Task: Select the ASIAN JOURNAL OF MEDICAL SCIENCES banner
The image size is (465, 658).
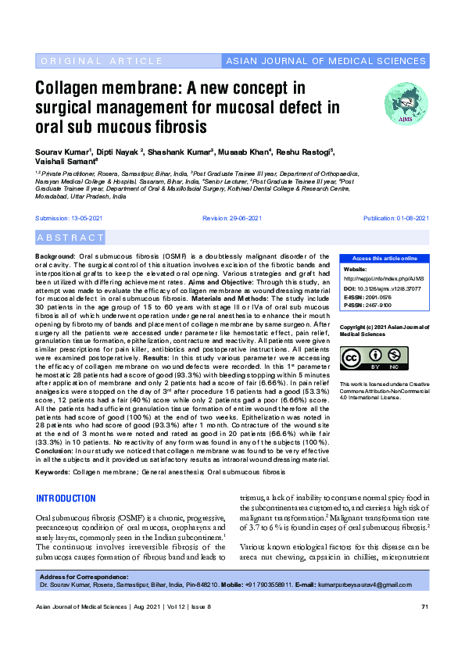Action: coord(325,61)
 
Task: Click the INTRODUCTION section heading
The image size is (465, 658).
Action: coord(67,499)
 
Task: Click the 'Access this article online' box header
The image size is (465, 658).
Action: coord(384,259)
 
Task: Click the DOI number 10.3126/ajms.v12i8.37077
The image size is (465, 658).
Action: coord(393,288)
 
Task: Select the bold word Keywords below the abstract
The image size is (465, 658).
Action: coord(52,473)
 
